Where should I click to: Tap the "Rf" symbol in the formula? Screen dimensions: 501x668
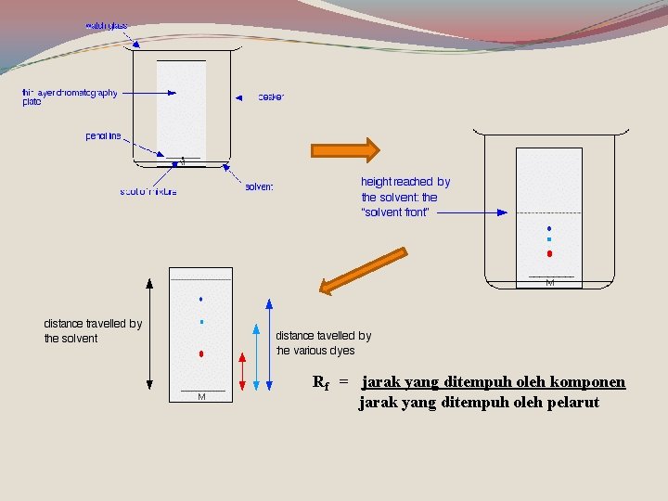pos(321,382)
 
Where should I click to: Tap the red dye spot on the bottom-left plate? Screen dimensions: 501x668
pos(200,354)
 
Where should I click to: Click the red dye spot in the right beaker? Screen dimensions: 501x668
pos(549,253)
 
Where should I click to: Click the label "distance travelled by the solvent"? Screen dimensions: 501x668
pos(93,331)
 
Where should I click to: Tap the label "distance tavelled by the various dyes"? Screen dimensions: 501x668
pos(323,343)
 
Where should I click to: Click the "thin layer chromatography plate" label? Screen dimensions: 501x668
pos(70,96)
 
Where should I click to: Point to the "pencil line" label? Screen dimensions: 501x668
pos(103,136)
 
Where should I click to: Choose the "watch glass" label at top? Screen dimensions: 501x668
pos(107,25)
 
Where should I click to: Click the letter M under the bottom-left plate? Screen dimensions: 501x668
pos(201,397)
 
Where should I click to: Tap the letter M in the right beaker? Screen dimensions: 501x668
pos(550,282)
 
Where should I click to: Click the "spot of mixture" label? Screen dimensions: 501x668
pos(148,192)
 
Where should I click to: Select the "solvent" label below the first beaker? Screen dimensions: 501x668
pos(259,187)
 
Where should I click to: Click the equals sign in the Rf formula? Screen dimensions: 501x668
pos(343,382)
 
